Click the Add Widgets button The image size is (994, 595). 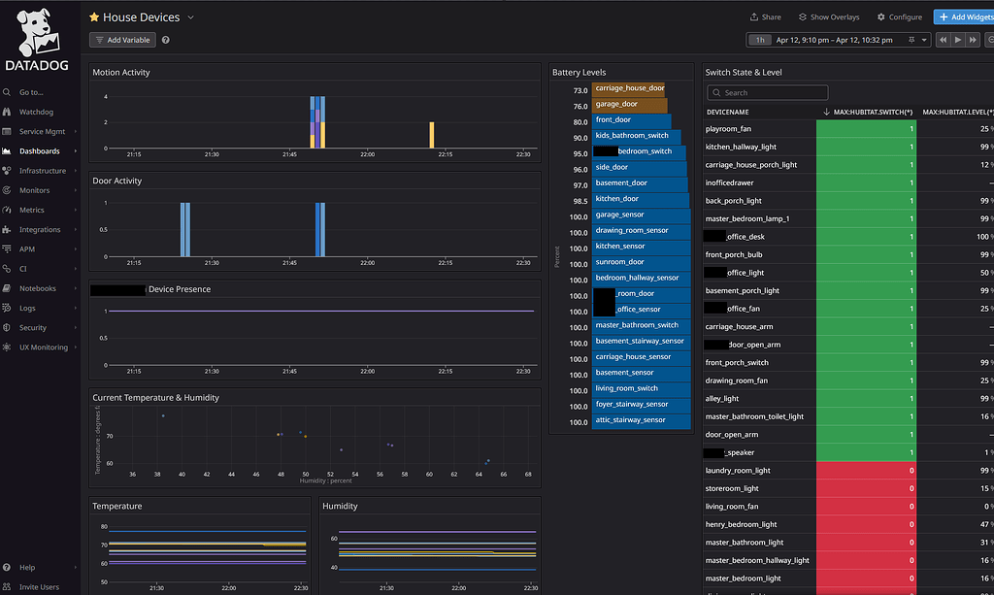coord(962,17)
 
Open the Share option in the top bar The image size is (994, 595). coord(765,17)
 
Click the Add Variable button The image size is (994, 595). coord(122,40)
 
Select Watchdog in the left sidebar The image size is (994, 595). coord(36,112)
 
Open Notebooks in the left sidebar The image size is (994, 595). coord(38,288)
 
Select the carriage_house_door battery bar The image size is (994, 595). coord(629,88)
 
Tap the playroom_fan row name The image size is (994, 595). coord(728,128)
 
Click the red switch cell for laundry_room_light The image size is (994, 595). coord(867,471)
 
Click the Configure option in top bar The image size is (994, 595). coord(899,17)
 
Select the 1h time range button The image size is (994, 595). coord(760,40)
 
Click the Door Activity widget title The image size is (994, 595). coord(116,181)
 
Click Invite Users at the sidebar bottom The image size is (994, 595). coord(39,586)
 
